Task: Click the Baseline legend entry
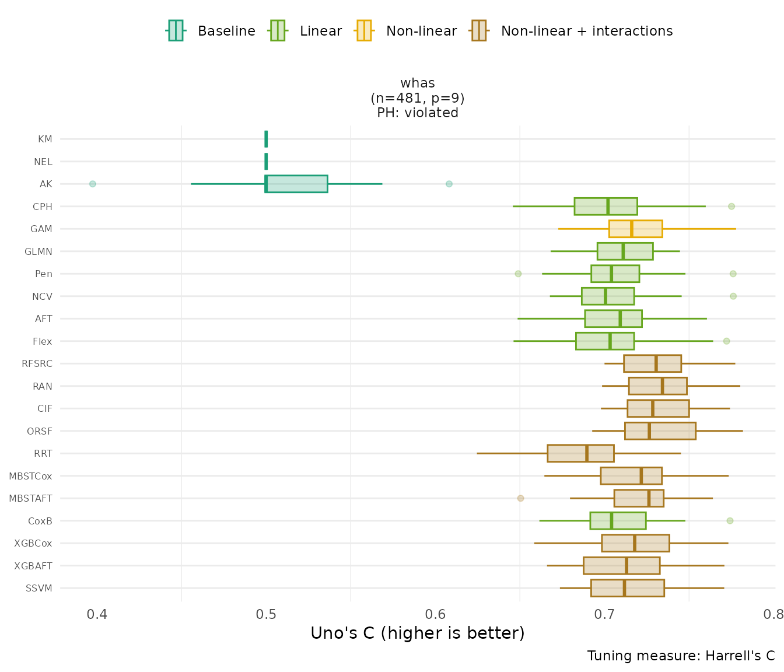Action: (211, 31)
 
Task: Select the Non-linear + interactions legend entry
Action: (572, 31)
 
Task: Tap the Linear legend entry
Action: (306, 31)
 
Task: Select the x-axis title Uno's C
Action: (417, 633)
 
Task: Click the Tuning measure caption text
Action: (681, 656)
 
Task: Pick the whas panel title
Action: (418, 83)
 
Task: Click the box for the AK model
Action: (296, 184)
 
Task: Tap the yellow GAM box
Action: (635, 229)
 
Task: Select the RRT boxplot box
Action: (580, 453)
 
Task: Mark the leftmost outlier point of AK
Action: (92, 184)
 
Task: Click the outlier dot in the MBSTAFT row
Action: (520, 498)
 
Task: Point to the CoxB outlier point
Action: (730, 520)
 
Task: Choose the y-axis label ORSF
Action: (40, 432)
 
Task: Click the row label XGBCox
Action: (33, 544)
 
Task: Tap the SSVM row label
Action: (39, 589)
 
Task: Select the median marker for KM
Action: (266, 139)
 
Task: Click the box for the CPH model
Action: (605, 206)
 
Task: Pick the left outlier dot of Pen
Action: (518, 274)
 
